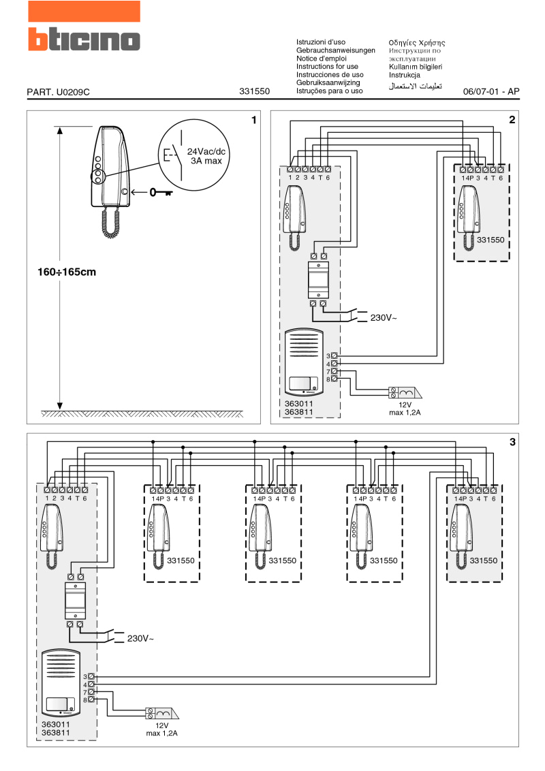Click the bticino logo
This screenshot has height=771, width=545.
coord(83,39)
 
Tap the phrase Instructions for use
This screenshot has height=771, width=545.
coord(327,67)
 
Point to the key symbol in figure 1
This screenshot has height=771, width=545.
coord(161,192)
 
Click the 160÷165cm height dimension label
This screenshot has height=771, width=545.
coord(67,272)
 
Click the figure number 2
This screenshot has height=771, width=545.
coord(512,120)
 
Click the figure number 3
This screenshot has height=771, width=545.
coord(512,442)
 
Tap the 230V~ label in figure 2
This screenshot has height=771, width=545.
coord(383,317)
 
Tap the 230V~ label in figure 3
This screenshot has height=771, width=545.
coord(140,638)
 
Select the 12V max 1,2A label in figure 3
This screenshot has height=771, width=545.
coord(161,729)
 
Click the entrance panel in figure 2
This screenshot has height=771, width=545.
coord(303,363)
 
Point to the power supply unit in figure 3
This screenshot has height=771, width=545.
coord(74,599)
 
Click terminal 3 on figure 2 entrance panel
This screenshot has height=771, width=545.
coord(334,356)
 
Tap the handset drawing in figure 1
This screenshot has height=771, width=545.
coord(108,167)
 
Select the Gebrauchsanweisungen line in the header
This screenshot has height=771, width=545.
coord(336,50)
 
